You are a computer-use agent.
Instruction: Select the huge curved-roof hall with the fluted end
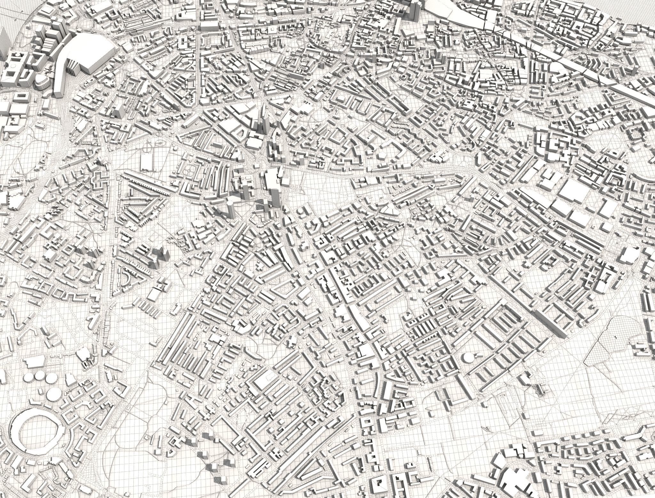coord(93,51)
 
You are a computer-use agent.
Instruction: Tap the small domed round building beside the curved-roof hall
coord(41,82)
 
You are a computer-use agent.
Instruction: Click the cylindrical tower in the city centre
coord(230,206)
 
